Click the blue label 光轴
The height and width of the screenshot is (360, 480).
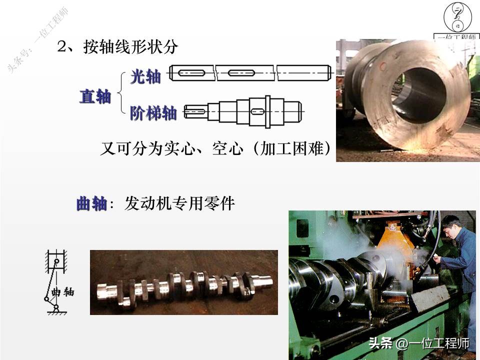[x=145, y=77]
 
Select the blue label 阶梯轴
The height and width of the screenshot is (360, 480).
[x=153, y=113]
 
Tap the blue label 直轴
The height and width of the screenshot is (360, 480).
[x=95, y=96]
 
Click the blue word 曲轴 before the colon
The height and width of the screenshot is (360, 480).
[x=91, y=204]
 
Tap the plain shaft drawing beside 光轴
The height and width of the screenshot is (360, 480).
[x=250, y=73]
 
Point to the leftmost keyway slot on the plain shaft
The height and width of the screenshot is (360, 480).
[x=190, y=73]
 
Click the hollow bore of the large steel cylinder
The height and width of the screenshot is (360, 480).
[x=417, y=95]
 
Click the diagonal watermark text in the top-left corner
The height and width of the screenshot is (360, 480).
[x=37, y=40]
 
